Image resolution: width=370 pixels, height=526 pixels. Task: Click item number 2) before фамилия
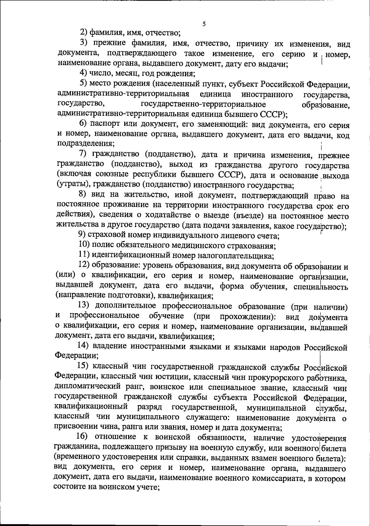coord(84,32)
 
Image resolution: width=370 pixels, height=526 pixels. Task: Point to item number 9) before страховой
coord(81,236)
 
